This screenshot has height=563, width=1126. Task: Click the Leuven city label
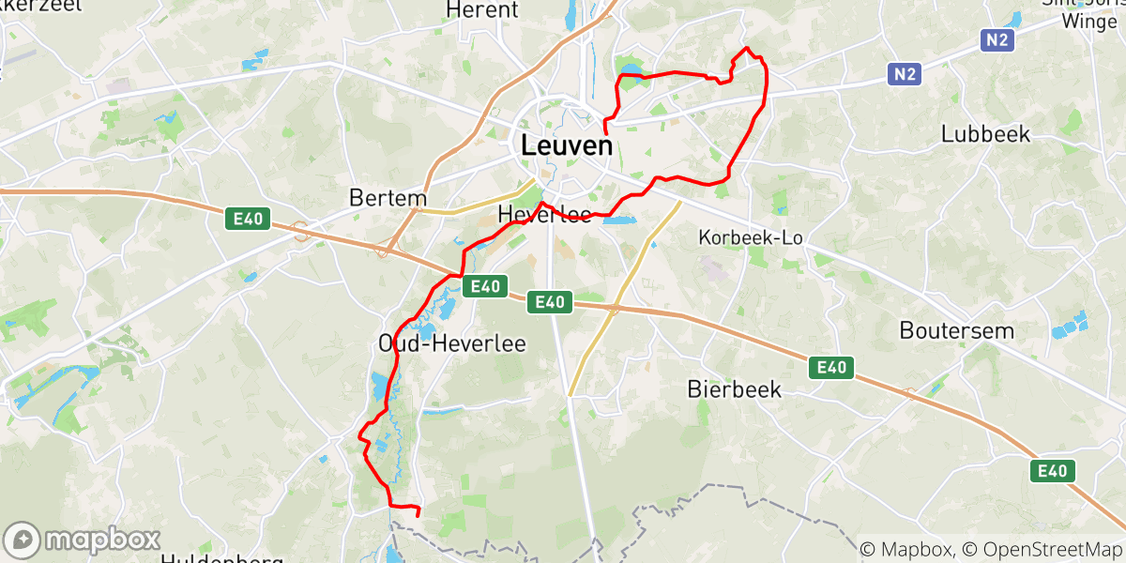pos(566,146)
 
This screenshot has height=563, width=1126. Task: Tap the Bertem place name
pos(388,199)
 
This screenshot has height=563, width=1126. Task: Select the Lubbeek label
pos(985,134)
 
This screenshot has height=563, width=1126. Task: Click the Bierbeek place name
pos(734,389)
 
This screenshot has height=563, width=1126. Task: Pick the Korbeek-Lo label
pos(751,238)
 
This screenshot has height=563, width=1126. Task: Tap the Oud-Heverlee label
pos(451,343)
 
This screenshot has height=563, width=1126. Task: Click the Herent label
pos(482,10)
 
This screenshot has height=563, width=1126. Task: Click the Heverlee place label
pos(545,215)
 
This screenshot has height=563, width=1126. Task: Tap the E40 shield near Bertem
pos(249,219)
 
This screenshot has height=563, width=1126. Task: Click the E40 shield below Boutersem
pos(1052,471)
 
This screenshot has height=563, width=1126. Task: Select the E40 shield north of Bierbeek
pos(831,368)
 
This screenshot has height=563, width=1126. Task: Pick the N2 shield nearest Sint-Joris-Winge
pos(997,39)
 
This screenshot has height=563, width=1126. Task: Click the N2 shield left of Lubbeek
pos(905,73)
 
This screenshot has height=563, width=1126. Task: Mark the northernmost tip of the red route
pos(746,47)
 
